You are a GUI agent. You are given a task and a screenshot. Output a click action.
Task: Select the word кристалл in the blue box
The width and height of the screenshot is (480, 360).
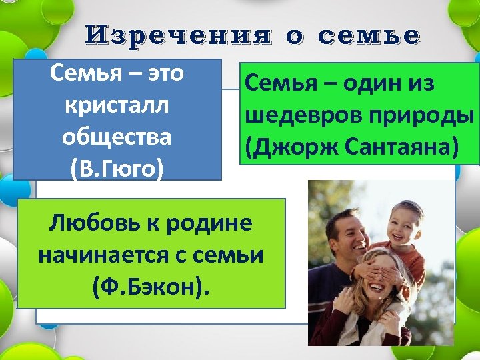(x=117, y=106)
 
